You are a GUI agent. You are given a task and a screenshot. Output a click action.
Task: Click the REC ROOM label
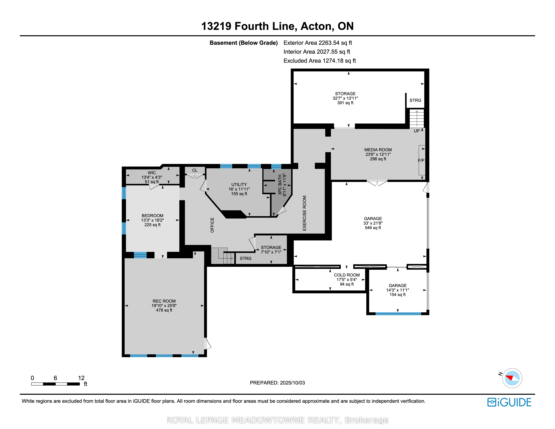164,301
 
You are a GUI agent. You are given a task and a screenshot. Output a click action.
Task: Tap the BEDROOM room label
152,216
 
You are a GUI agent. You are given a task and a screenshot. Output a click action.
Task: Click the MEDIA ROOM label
378,150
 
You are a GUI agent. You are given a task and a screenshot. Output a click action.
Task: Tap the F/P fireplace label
421,160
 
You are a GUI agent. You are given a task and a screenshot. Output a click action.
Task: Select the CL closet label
195,170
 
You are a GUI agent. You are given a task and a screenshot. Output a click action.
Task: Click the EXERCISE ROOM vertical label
304,213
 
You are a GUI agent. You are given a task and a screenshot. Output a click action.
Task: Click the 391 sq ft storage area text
345,103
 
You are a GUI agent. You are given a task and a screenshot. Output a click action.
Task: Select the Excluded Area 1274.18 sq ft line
320,61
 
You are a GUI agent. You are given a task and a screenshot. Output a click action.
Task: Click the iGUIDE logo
509,402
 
